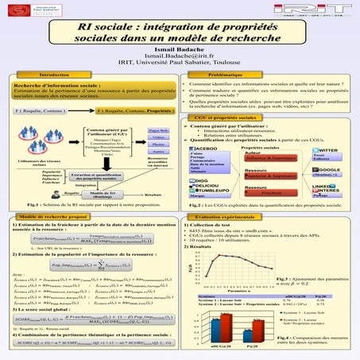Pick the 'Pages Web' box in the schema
(158, 131)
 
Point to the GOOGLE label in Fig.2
(330, 169)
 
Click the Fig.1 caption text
(91, 204)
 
